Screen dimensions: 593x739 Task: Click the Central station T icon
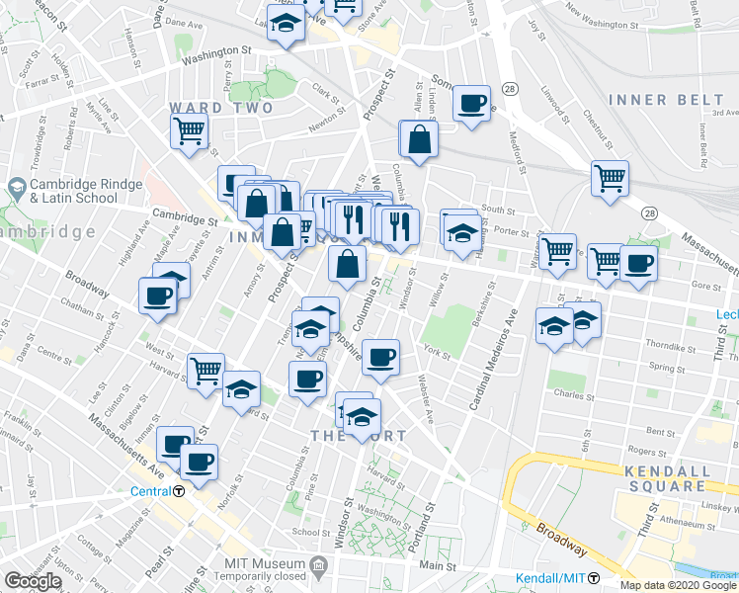[x=179, y=491]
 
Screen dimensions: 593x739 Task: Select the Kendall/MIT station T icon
[x=594, y=578]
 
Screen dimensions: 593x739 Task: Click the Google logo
[x=33, y=581]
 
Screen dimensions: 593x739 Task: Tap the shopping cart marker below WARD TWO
[x=189, y=129]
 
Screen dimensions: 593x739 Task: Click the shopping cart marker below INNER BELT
[x=610, y=178]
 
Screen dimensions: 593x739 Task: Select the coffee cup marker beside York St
[x=379, y=358]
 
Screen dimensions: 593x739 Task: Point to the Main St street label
[x=431, y=567]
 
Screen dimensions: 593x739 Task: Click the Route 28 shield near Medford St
[x=508, y=90]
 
